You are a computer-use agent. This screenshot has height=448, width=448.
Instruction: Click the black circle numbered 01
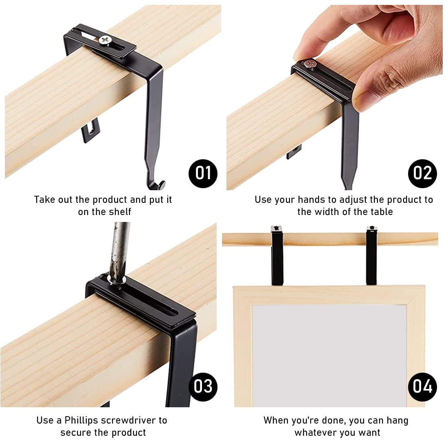tap(203, 173)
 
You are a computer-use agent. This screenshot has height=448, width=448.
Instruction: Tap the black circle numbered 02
tap(422, 173)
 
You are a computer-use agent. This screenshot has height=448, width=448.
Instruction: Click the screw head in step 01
tap(105, 40)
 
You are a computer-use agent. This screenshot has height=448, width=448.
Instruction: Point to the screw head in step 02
tap(310, 64)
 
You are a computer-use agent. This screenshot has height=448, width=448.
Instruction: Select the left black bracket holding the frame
tap(277, 257)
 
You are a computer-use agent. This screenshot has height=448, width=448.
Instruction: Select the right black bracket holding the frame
tap(371, 257)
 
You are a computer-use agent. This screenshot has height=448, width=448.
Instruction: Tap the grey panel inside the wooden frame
tap(329, 354)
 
